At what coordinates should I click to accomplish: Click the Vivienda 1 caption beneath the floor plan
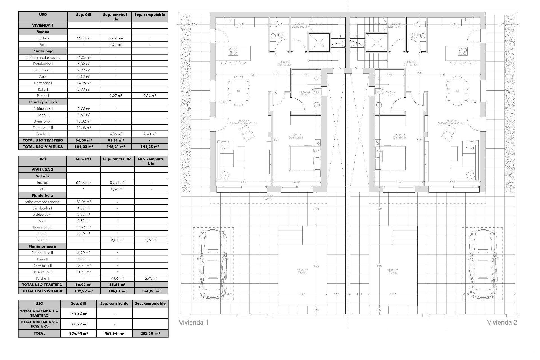[193, 322]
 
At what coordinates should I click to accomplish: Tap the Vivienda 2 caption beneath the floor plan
[502, 322]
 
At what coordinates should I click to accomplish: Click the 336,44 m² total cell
[78, 333]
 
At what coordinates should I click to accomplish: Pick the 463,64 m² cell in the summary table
[114, 333]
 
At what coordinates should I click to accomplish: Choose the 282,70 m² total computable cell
[150, 333]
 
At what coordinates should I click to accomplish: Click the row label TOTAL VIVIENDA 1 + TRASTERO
[39, 313]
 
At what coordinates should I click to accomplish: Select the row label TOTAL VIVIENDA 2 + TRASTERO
[39, 324]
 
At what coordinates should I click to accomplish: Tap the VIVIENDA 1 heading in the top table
[43, 25]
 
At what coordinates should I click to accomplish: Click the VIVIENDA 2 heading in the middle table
[42, 170]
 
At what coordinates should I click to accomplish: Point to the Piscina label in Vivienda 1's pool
[303, 273]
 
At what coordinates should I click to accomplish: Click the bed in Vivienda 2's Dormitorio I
[394, 158]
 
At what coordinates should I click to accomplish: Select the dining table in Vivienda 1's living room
[238, 91]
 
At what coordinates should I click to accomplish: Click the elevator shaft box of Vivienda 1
[318, 42]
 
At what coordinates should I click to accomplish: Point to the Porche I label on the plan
[269, 199]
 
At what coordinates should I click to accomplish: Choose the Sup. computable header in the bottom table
[150, 304]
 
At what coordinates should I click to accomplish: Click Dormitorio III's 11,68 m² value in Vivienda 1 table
[84, 128]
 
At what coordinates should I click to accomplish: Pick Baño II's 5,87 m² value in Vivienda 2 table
[83, 259]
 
